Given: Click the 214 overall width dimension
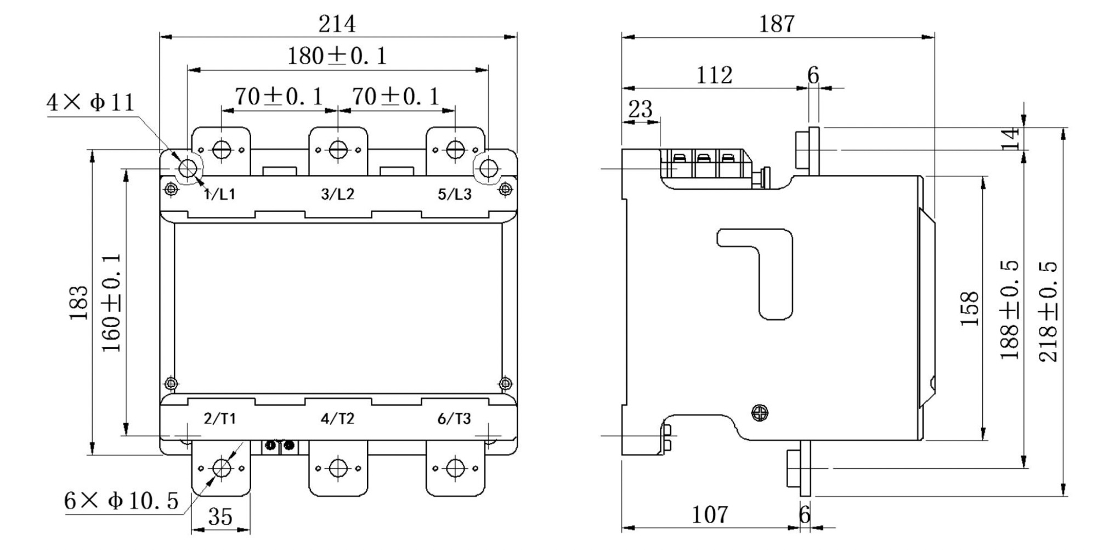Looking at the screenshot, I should coord(337,24).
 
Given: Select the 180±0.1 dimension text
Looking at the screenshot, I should coord(337,56).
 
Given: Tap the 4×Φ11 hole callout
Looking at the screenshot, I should coord(90,103).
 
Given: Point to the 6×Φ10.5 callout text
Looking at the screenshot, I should coord(121,501).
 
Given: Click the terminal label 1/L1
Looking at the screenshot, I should coord(219,194).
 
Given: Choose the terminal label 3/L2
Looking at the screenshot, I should coord(337,194).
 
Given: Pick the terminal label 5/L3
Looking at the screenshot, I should coord(454,194).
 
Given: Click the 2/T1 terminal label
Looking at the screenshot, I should coord(219,419).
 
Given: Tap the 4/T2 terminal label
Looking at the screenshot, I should coord(337,419).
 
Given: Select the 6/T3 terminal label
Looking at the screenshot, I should coord(454,419).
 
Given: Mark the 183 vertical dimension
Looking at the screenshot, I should coord(79,302).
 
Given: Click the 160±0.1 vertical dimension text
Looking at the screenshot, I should coord(111,302).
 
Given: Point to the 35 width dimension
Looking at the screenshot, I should coord(220,517).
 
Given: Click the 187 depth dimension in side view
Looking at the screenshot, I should coord(776,24).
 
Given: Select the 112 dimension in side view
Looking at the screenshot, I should coord(714,75).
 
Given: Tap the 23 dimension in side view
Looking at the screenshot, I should coord(640,109).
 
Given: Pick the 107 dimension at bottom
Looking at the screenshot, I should coord(710,515).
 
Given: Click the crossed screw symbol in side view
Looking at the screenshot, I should coord(759,413).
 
